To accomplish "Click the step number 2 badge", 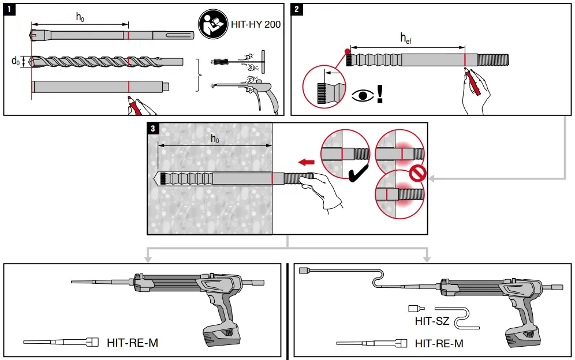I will [297, 9].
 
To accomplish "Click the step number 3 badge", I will [153, 129].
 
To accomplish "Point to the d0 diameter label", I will [16, 61].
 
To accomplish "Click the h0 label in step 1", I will [80, 17].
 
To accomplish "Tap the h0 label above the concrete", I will [215, 139].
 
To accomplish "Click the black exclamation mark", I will [379, 93].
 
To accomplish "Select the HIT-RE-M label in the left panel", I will [132, 343].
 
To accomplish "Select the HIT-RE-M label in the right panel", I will [439, 344].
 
